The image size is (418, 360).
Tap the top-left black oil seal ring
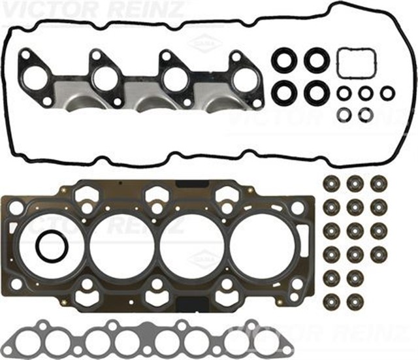pyautogui.click(x=284, y=61)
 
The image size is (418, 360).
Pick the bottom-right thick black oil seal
pyautogui.click(x=317, y=92)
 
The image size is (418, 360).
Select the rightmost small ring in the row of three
pyautogui.click(x=387, y=93)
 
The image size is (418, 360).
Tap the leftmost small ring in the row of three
pyautogui.click(x=344, y=93)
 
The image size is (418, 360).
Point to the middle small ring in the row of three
pyautogui.click(x=366, y=93)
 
